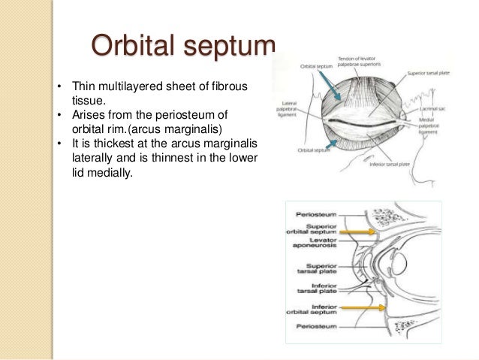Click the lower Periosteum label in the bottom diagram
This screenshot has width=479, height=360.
308,325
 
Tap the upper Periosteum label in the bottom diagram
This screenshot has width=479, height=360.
308,214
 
